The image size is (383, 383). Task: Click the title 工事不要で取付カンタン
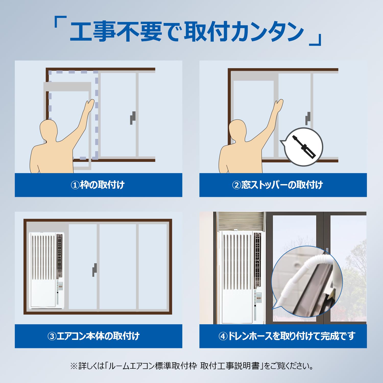[187, 32]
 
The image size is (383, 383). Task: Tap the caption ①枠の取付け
[98, 185]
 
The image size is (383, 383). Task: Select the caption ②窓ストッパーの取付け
[278, 185]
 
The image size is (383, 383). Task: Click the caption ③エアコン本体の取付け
[93, 336]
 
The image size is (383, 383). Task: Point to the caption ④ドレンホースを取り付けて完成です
[287, 336]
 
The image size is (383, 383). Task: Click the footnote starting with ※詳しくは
[192, 366]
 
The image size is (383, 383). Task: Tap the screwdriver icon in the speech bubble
[304, 147]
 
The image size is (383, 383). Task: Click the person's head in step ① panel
[49, 130]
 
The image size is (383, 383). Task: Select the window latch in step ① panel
[133, 118]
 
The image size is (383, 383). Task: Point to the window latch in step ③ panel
[94, 270]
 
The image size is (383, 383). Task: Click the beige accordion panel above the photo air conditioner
[241, 221]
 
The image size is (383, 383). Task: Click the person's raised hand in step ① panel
[90, 105]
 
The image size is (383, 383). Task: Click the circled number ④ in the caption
[223, 336]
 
